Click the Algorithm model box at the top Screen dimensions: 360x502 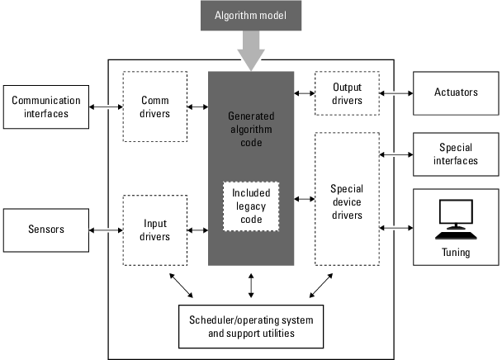250,15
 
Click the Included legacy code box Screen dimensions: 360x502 251,206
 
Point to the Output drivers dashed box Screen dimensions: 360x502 347,93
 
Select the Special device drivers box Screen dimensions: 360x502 347,196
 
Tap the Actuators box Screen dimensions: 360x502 456,93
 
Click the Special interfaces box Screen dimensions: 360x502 456,154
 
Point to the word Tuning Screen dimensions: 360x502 456,253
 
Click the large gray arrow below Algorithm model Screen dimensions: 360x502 251,52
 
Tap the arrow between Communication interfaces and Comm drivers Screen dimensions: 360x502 106,107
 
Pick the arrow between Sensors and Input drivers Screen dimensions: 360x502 106,230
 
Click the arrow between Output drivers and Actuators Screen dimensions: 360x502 395,93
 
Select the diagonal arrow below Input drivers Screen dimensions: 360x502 180,285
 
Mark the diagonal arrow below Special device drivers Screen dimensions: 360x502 322,285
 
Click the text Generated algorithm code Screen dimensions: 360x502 251,129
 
